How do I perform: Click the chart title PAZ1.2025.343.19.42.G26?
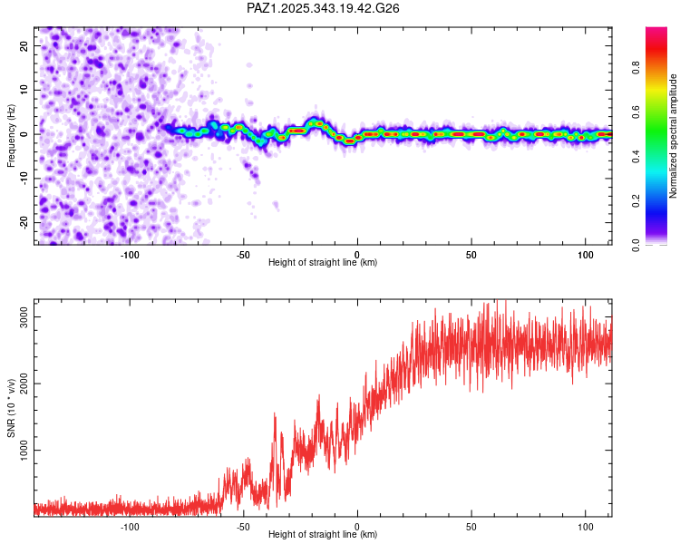(x=324, y=8)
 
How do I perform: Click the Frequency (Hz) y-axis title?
(x=11, y=134)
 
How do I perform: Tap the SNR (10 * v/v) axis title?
(x=11, y=408)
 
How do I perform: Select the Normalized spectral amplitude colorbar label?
(x=673, y=136)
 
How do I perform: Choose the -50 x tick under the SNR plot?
(x=243, y=525)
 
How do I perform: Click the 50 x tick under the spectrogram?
(x=471, y=253)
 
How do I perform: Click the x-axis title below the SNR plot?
(x=323, y=534)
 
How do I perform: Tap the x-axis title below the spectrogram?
(x=323, y=262)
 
